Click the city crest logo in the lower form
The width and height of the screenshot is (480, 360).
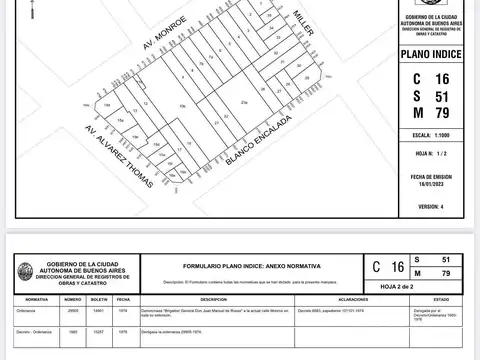(25, 270)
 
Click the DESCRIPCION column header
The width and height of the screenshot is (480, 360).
(212, 299)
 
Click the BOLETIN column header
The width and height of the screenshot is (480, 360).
(99, 299)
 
